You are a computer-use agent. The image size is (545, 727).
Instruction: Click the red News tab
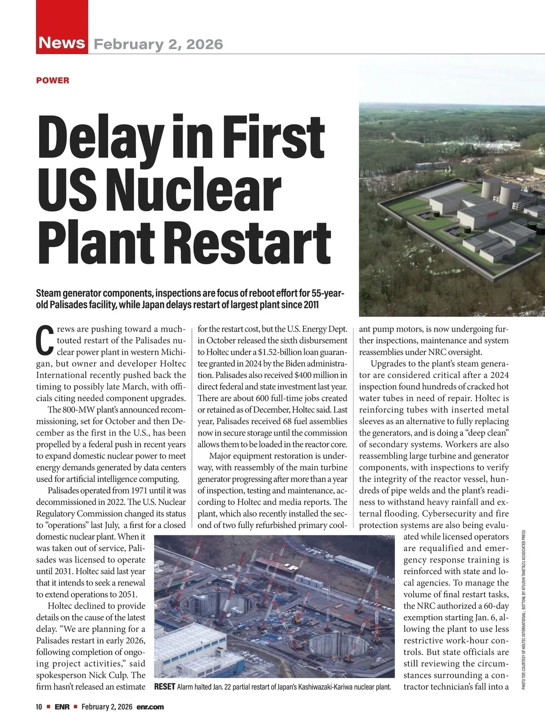coord(62,43)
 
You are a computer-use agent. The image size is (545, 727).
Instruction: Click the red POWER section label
coord(53,80)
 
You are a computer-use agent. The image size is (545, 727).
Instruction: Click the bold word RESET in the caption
coord(164,686)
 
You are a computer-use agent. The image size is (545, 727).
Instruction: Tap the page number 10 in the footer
coord(39,707)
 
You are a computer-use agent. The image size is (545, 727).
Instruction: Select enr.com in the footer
coord(150,707)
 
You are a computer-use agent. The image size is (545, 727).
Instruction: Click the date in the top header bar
coord(158,44)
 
